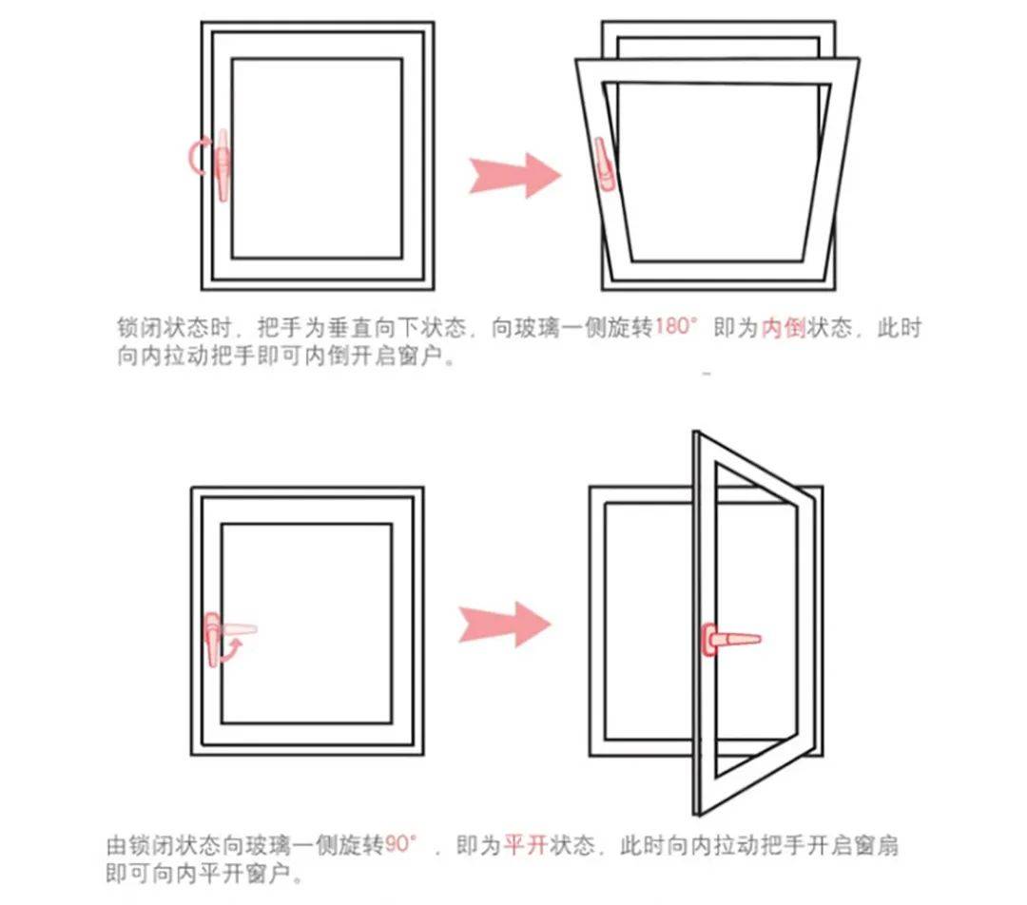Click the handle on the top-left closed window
pos(223,165)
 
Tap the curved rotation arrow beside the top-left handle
pos(194,157)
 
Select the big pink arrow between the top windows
pos(514,176)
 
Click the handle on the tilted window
pos(603,164)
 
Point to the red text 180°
pos(677,326)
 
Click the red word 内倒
pos(783,327)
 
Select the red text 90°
pos(401,844)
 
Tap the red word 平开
pos(526,845)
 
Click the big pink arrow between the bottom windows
pos(504,624)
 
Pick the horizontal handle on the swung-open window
pos(731,639)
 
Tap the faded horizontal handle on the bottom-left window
pos(239,628)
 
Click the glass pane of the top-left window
pos(317,159)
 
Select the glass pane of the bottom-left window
pos(306,624)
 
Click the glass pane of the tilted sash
pos(717,172)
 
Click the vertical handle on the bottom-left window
pos(213,639)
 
